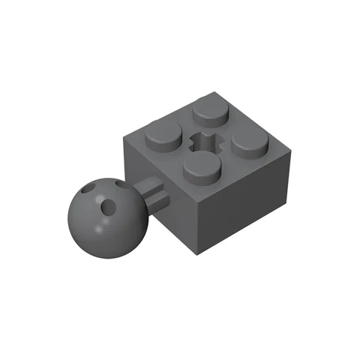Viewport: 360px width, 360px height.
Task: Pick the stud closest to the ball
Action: pos(163,136)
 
